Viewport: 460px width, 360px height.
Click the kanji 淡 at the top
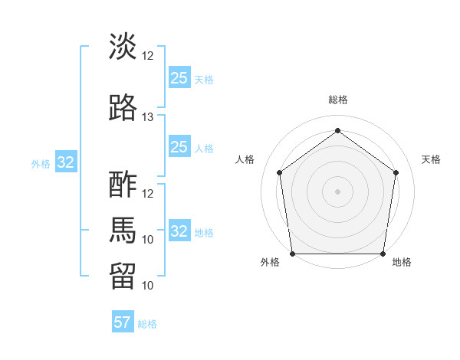(x=123, y=47)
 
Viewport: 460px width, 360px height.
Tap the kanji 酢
(x=123, y=185)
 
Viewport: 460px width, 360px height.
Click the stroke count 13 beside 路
(x=148, y=116)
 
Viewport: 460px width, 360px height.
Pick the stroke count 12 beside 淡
(x=148, y=56)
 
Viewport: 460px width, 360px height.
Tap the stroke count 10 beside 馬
(x=148, y=239)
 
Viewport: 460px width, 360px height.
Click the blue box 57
(x=123, y=322)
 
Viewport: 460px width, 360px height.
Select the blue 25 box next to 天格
(x=179, y=78)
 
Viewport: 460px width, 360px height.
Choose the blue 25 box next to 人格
(x=179, y=147)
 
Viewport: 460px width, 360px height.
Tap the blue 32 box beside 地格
(x=179, y=231)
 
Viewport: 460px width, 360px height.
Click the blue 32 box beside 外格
(x=66, y=162)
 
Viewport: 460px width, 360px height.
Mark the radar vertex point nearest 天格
(x=396, y=172)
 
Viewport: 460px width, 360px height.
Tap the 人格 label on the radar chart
(x=245, y=159)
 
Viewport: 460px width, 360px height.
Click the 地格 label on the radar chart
(x=402, y=263)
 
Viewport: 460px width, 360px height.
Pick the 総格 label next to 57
(x=147, y=324)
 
